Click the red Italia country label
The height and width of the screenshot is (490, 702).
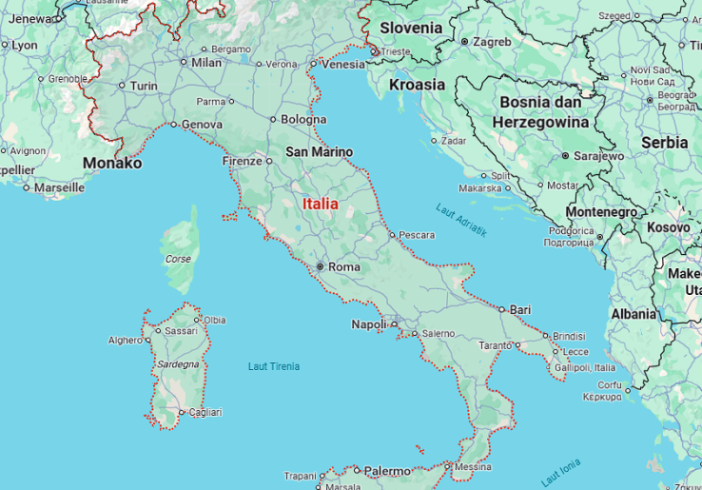320,204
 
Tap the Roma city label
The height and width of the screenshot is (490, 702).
343,267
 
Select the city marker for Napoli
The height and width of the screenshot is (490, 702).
394,324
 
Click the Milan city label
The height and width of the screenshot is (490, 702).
206,63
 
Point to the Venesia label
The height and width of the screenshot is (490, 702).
343,65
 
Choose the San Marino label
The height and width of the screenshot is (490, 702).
319,152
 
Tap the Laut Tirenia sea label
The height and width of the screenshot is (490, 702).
273,366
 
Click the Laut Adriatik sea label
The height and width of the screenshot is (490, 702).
461,220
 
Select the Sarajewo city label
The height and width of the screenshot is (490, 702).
598,155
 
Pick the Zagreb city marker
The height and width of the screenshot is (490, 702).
464,42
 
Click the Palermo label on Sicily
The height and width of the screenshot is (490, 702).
387,471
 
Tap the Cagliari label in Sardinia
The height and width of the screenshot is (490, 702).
205,412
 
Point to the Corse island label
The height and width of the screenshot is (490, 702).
178,259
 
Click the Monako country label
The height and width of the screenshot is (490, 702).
112,164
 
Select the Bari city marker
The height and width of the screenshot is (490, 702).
502,309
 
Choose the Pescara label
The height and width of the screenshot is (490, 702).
417,234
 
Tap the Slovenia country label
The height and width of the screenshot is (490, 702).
411,28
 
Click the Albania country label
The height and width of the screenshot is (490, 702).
634,314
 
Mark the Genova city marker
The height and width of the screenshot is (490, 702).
174,124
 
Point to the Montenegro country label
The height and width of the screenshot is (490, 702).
601,211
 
